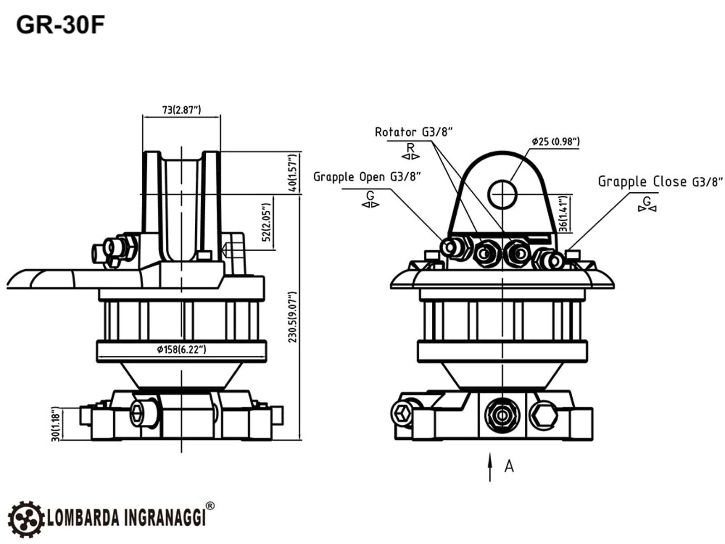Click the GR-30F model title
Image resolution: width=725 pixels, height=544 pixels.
pyautogui.click(x=60, y=25)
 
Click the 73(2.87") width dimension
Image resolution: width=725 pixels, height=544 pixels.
pyautogui.click(x=181, y=110)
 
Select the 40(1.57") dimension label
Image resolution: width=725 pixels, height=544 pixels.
pyautogui.click(x=294, y=173)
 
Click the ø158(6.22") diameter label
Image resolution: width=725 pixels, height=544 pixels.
pyautogui.click(x=181, y=350)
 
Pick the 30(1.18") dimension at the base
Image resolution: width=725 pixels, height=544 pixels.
pyautogui.click(x=55, y=424)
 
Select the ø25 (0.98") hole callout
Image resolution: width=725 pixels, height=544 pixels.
pyautogui.click(x=556, y=141)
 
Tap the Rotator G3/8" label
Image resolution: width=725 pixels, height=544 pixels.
pyautogui.click(x=414, y=132)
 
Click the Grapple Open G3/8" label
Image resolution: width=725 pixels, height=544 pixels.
pyautogui.click(x=367, y=177)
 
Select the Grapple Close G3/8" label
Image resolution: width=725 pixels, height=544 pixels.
pyautogui.click(x=660, y=182)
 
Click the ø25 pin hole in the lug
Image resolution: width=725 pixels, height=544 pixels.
pyautogui.click(x=503, y=194)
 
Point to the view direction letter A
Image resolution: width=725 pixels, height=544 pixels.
pyautogui.click(x=509, y=466)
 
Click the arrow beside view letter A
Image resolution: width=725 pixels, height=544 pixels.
pyautogui.click(x=490, y=467)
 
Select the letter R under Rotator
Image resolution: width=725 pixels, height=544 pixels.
pyautogui.click(x=411, y=148)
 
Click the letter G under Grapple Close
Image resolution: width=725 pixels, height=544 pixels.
pyautogui.click(x=647, y=201)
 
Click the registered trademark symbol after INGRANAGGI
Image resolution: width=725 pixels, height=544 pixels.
pyautogui.click(x=210, y=506)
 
